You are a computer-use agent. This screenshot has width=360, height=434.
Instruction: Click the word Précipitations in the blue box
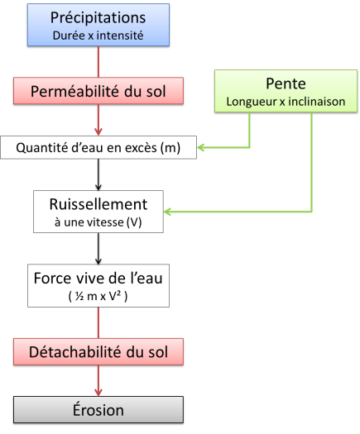pos(98,18)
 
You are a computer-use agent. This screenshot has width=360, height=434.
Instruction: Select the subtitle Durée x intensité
pos(98,36)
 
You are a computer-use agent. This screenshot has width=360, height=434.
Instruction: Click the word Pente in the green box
pos(286,83)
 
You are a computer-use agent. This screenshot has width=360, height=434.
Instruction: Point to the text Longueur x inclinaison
pos(286,102)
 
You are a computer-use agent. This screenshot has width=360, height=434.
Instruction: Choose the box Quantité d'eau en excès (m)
pos(98,147)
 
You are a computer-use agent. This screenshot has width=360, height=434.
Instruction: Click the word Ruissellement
pos(98,204)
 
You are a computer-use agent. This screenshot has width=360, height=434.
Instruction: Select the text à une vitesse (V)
pos(98,222)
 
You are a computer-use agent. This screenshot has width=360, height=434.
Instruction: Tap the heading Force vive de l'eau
pos(98,278)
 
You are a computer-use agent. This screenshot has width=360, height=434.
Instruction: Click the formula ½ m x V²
pos(98,297)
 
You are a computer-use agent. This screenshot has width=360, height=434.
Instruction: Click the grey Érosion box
pos(98,410)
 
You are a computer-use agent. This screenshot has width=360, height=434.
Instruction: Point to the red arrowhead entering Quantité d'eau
pos(98,131)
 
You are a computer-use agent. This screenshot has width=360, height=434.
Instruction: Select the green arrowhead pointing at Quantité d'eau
pos(201,147)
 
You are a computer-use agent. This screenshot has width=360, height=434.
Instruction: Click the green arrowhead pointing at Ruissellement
pos(168,212)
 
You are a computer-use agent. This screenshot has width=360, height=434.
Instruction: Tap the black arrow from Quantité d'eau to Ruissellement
pos(98,174)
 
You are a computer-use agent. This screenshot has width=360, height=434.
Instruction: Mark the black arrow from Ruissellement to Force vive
pos(98,248)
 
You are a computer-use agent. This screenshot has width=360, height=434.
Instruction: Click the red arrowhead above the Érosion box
pos(98,392)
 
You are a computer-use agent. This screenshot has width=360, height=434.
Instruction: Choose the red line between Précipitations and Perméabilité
pos(98,62)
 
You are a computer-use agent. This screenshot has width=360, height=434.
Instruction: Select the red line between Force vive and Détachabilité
pos(98,322)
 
